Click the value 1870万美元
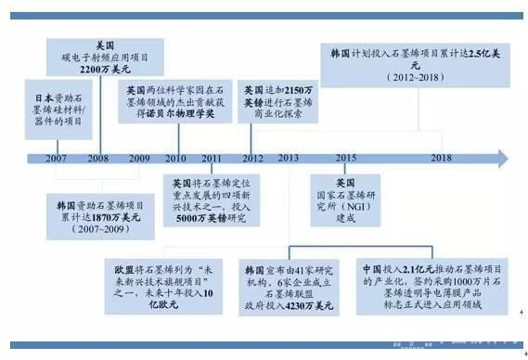pyautogui.click(x=105, y=216)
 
